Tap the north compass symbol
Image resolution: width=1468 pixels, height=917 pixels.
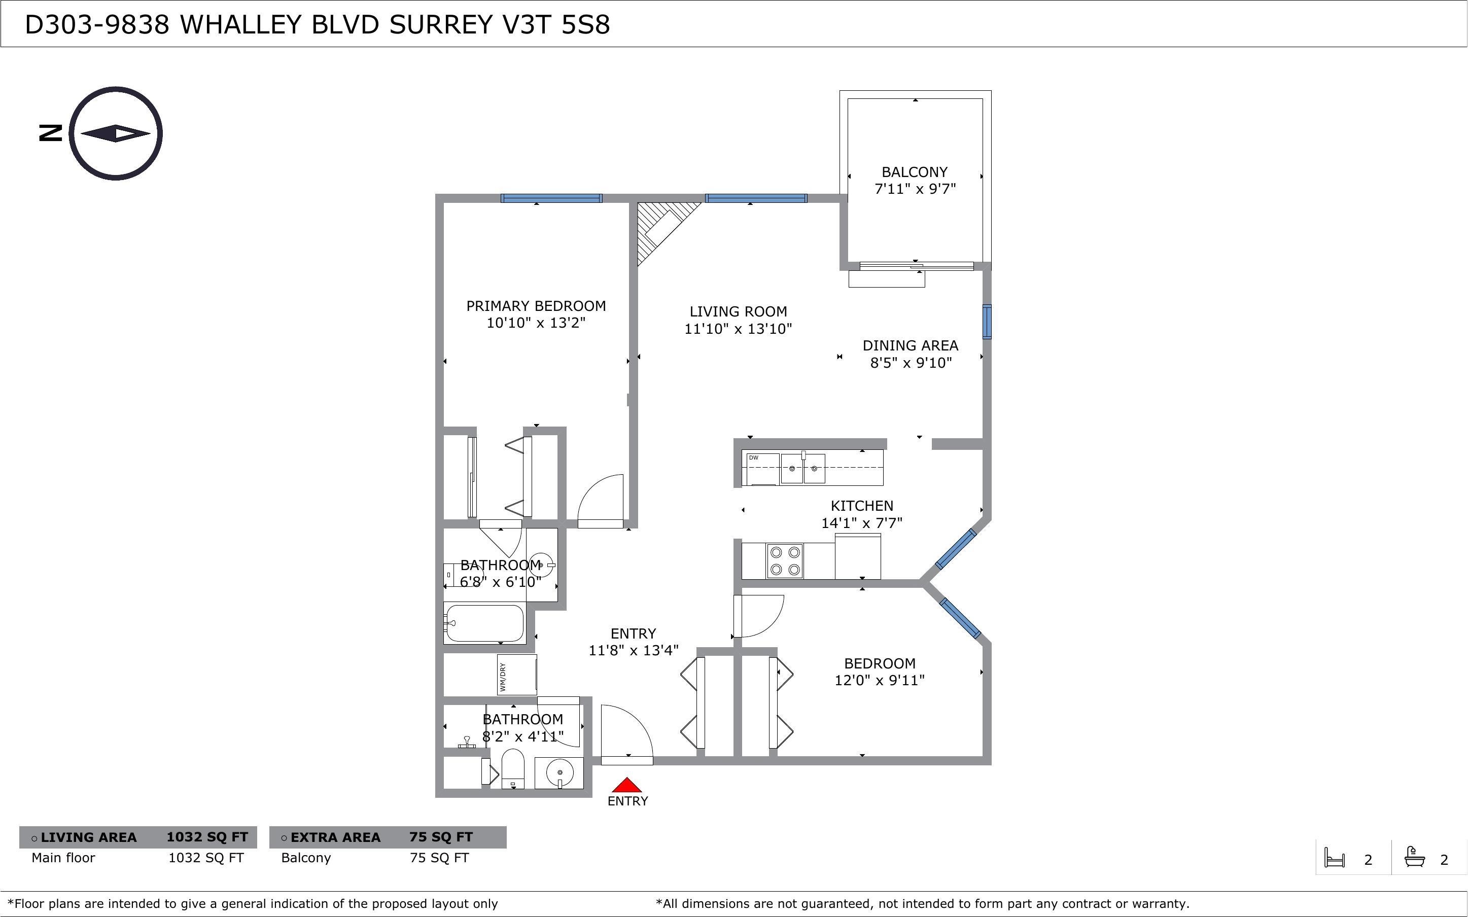coord(115,133)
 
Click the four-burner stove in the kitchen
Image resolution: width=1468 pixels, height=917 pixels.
coord(785,561)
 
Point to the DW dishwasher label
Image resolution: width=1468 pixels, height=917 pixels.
coord(754,458)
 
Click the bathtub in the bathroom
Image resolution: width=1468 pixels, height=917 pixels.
coord(483,623)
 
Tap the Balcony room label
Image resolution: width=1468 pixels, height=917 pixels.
coord(915,172)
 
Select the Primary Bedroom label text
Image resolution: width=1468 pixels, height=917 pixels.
coord(536,306)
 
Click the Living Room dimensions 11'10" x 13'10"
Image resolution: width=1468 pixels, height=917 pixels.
coord(738,329)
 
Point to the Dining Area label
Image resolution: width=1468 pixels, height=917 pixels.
coord(910,346)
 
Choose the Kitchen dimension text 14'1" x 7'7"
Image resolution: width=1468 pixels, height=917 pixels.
coord(862,523)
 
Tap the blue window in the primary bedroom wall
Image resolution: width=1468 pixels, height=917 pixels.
coord(551,198)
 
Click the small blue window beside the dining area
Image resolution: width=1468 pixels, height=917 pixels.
coord(987,322)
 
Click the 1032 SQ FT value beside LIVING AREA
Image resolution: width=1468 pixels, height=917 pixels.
coord(207,837)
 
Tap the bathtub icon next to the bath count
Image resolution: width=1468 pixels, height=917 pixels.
coord(1414,857)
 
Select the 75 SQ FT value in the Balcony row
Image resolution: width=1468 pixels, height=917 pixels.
coord(439,858)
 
